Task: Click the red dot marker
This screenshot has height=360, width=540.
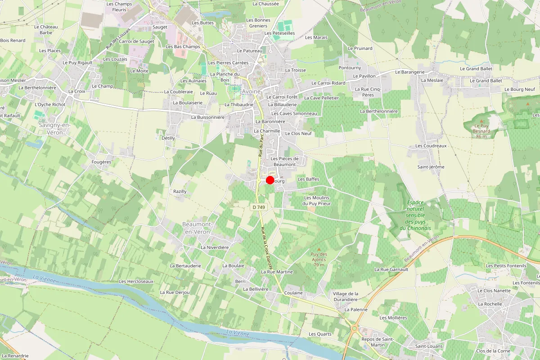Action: click(270, 180)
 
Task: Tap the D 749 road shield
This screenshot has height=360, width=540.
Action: click(258, 207)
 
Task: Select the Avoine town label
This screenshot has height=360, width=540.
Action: click(252, 91)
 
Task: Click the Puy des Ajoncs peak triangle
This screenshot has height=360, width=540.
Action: click(319, 249)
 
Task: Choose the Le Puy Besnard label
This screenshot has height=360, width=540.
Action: click(481, 129)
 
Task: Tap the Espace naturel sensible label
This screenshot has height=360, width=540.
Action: click(415, 215)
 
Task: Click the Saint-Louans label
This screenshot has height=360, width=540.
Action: click(429, 346)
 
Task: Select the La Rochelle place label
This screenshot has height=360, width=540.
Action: click(490, 304)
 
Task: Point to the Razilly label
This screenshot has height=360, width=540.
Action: click(180, 191)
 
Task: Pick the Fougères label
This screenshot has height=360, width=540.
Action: click(101, 162)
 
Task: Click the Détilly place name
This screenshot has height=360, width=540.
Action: click(168, 138)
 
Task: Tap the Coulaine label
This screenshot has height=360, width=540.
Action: click(293, 292)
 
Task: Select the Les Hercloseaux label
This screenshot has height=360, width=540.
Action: click(136, 281)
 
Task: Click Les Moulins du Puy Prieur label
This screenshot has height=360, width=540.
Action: click(317, 201)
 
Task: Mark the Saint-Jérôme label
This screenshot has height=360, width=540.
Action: click(431, 167)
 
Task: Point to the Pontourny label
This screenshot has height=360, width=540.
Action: click(350, 68)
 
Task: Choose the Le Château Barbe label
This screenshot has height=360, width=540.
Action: click(46, 30)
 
